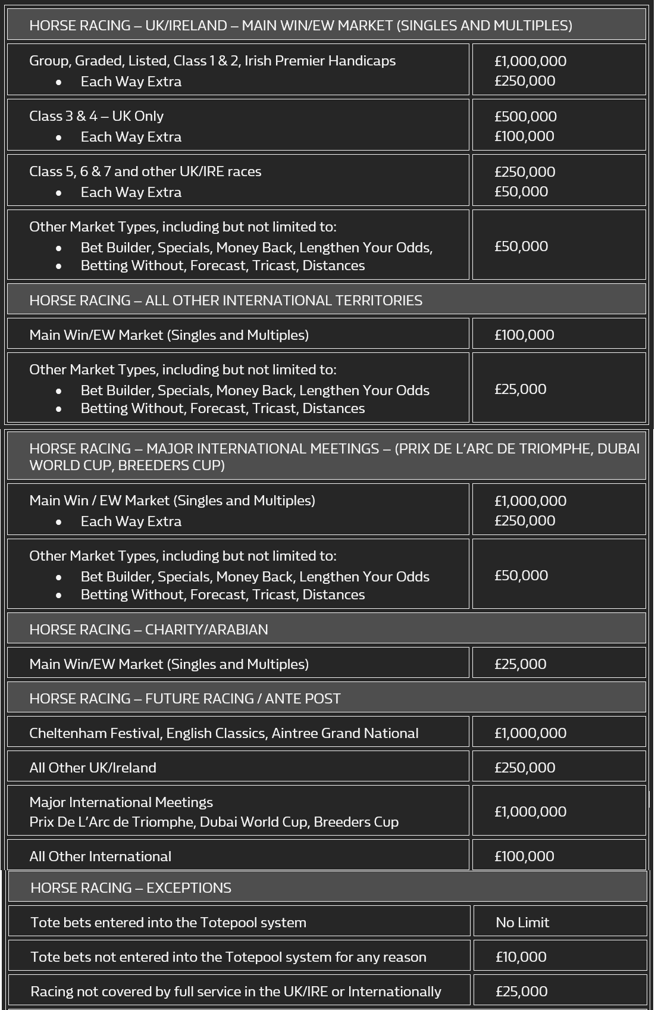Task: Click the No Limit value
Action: pos(522,922)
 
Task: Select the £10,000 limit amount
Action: pos(521,956)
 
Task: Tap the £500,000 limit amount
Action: pos(525,116)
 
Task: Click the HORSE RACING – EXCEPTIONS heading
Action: pos(131,887)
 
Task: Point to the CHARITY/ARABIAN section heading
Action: pos(148,629)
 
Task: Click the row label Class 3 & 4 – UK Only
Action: pos(96,116)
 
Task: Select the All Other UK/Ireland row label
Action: pos(93,767)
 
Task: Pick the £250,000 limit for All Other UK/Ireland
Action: pos(524,767)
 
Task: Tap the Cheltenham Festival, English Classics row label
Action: pos(224,733)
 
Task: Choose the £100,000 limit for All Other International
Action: pos(524,856)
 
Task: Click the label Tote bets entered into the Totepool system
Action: pos(168,922)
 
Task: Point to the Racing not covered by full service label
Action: pos(236,991)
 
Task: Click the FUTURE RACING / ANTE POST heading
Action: pos(184,698)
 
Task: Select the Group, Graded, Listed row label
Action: pos(212,61)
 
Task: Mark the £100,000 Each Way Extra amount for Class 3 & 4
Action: pos(524,136)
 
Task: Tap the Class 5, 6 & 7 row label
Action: pos(145,171)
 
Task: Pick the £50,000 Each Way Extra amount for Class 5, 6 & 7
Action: pos(521,192)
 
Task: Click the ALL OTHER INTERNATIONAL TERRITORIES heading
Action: pos(225,300)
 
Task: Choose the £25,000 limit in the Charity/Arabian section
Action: pos(520,664)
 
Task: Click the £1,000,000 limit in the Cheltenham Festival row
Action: pos(530,733)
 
